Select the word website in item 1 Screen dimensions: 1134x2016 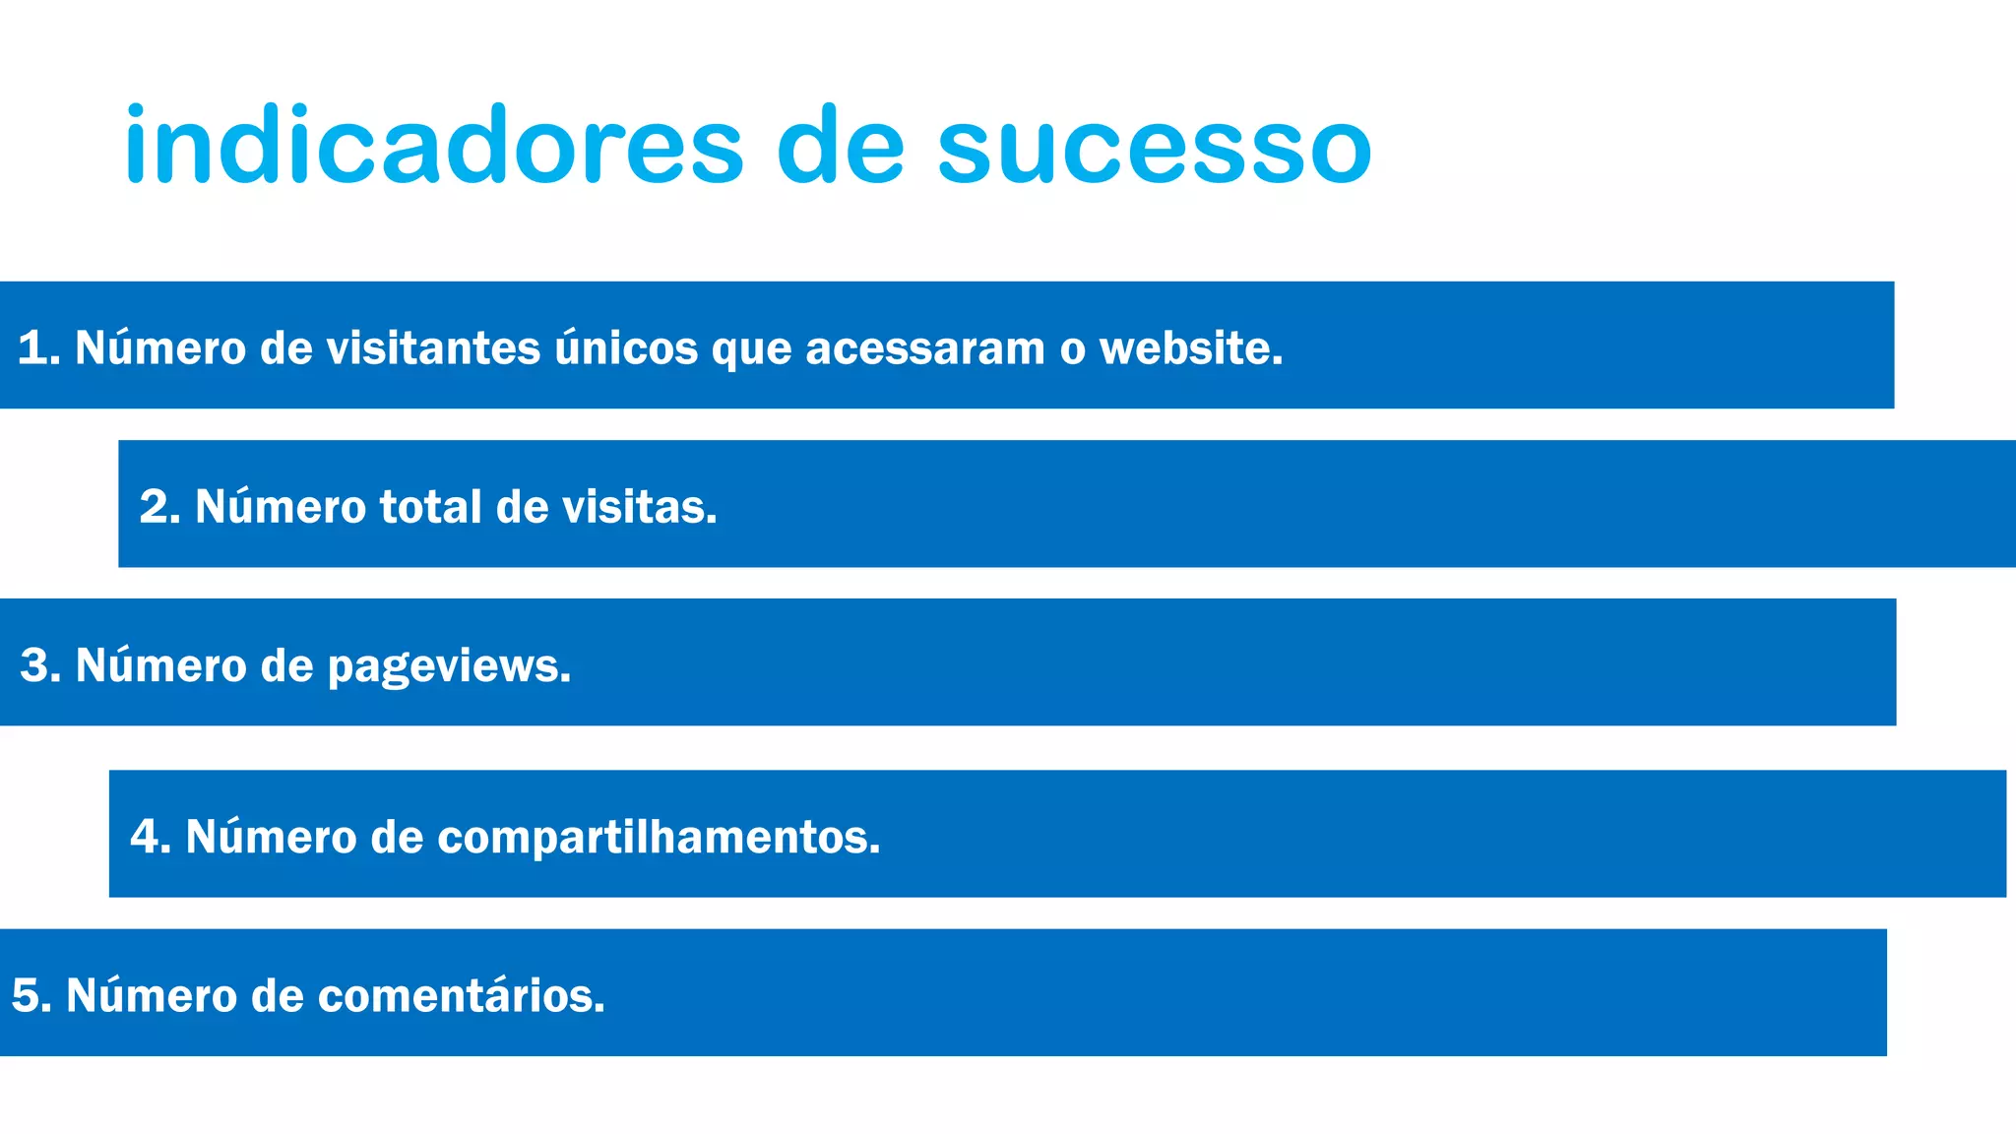(1190, 347)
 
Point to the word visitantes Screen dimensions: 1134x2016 (433, 347)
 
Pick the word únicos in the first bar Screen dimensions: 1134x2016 (626, 347)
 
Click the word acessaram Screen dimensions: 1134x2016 (925, 347)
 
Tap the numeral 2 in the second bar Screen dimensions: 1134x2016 (156, 507)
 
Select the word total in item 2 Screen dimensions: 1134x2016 (430, 507)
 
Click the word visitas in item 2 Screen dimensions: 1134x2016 (639, 507)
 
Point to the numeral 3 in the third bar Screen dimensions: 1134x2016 (35, 665)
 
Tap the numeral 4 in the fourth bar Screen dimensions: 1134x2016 (146, 837)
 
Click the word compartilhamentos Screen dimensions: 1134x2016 (658, 838)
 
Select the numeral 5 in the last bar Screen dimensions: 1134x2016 (26, 995)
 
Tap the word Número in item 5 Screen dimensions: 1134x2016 (152, 995)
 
